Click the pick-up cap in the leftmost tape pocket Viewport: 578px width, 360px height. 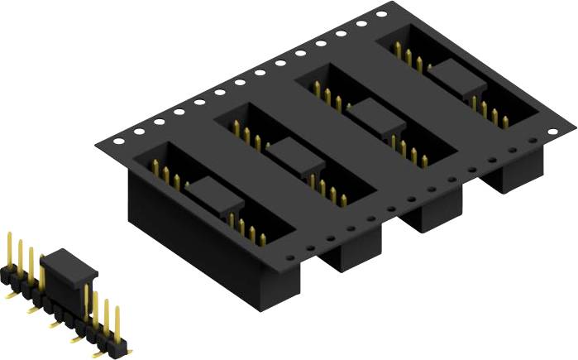click(x=213, y=195)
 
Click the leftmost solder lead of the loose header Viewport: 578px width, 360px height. click(x=10, y=291)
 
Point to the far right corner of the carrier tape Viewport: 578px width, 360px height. click(x=573, y=127)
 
